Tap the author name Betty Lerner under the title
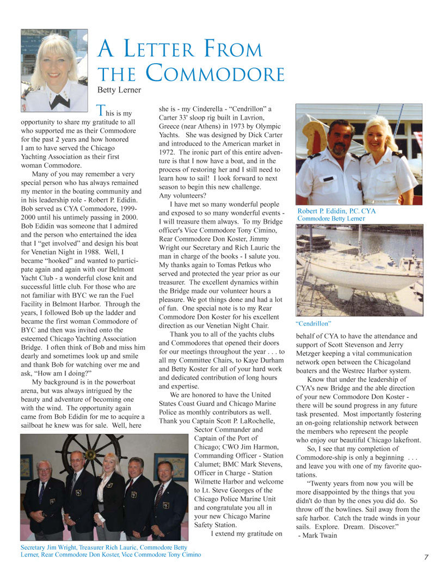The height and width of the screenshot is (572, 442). coord(119,90)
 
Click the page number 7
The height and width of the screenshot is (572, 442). coord(426,557)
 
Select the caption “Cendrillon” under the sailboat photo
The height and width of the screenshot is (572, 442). coord(314,323)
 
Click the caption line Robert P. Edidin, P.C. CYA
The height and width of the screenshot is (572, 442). coord(336,211)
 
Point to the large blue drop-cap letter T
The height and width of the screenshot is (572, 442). coord(100,110)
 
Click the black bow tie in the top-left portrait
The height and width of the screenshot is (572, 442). coord(60,101)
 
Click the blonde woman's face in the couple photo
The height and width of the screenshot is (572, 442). coord(378,136)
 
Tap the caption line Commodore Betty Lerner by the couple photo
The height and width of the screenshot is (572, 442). coord(331,219)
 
